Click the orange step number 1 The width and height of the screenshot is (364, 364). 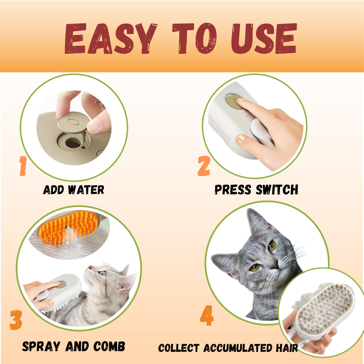click(23, 166)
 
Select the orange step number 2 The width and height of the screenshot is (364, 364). click(204, 166)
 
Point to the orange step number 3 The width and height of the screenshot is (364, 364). click(16, 320)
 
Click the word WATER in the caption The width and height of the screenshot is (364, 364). click(86, 190)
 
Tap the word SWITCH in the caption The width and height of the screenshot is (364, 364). click(277, 190)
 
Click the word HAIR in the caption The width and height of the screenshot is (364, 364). click(287, 348)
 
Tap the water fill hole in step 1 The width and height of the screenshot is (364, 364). click(73, 143)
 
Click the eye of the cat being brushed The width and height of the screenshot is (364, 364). click(102, 273)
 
